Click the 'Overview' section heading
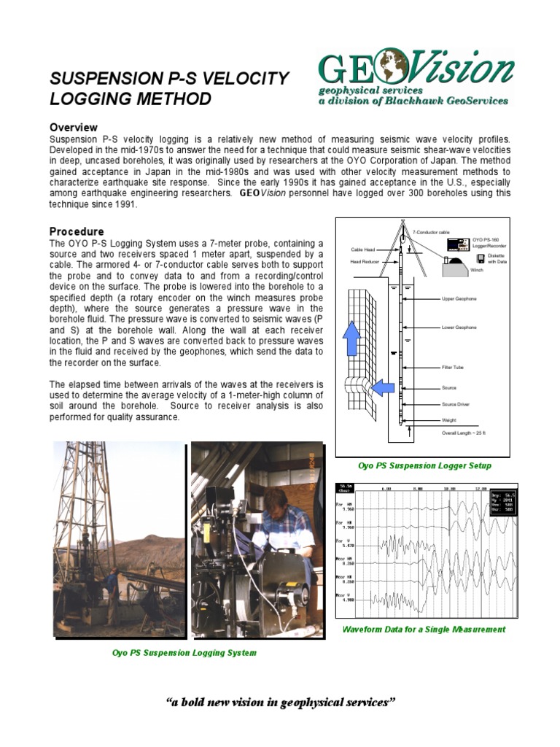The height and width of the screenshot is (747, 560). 73,127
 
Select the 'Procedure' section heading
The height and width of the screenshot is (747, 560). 76,231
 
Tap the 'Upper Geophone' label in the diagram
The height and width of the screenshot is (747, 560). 459,299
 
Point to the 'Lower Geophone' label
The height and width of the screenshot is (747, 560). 459,328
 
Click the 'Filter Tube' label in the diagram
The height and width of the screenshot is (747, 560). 453,367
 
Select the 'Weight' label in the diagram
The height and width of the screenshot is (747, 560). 449,420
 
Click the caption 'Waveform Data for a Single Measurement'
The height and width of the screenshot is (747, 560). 424,629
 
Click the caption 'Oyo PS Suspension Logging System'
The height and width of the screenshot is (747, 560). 184,652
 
